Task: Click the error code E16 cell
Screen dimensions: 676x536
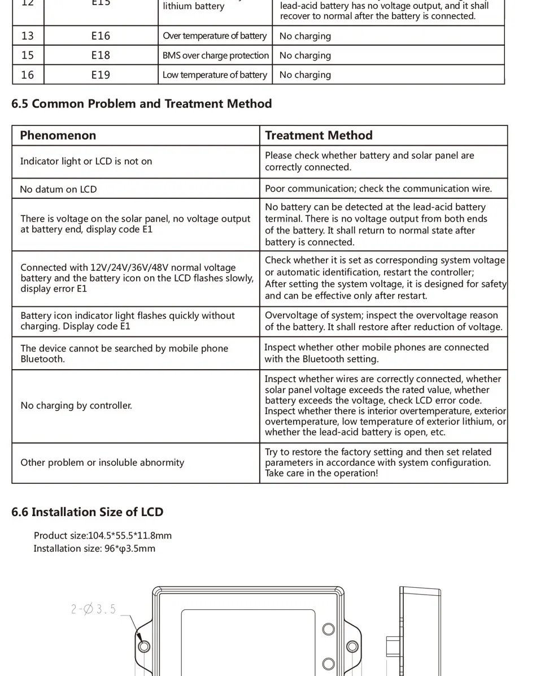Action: point(101,36)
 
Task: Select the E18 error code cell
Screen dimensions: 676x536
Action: point(101,55)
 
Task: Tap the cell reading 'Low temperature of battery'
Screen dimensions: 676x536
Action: point(215,75)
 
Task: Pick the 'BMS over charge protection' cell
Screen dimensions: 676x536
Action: point(215,55)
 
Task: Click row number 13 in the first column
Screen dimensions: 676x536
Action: point(27,36)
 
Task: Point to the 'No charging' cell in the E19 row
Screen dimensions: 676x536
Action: point(305,75)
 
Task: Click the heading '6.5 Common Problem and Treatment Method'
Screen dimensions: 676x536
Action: point(141,104)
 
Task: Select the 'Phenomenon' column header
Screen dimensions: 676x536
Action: point(58,135)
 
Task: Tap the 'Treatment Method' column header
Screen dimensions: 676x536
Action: point(319,135)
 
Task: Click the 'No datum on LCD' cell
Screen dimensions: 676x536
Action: point(58,189)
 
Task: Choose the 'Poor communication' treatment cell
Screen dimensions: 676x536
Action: point(378,189)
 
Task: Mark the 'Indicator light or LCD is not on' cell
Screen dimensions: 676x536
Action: point(86,162)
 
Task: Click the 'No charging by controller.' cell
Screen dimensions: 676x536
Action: point(76,405)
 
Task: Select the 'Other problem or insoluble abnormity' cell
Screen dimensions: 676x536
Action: point(102,462)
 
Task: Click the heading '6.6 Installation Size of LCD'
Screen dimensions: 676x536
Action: point(87,512)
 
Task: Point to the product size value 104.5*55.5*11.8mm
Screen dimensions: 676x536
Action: point(130,535)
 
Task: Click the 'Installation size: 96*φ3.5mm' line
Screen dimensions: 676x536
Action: point(94,548)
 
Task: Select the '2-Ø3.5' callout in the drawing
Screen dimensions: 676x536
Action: point(93,609)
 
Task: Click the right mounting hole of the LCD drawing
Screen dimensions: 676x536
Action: point(352,646)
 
